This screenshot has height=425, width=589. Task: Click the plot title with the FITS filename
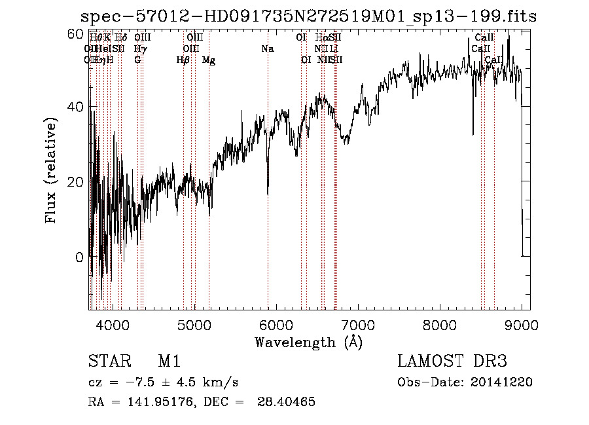click(308, 16)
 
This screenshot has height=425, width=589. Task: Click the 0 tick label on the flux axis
click(80, 257)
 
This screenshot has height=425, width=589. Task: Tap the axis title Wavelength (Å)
click(308, 342)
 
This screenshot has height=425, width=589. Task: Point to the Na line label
click(267, 49)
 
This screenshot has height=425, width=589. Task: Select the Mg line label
click(209, 60)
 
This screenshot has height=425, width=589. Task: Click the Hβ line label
click(183, 60)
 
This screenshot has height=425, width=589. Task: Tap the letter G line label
click(137, 60)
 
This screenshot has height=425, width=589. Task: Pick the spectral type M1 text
click(169, 362)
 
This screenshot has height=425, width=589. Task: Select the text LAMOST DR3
click(452, 362)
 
